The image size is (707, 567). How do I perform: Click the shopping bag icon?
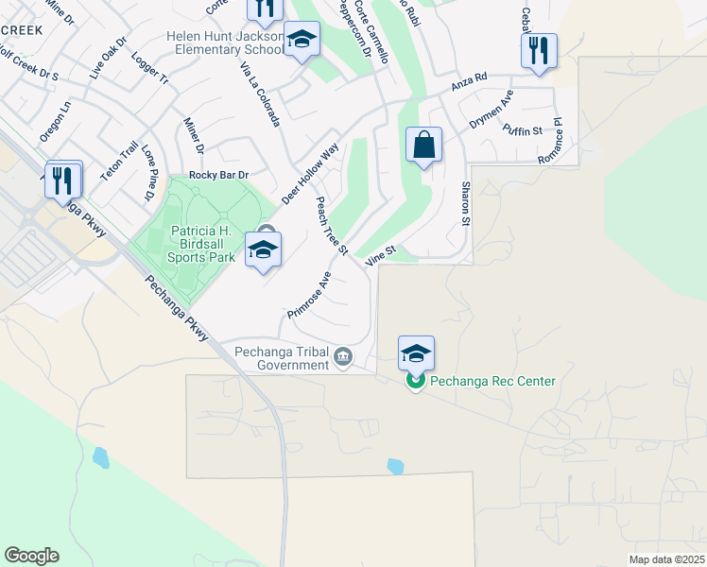[x=424, y=146]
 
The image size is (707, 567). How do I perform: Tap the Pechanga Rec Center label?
[x=492, y=381]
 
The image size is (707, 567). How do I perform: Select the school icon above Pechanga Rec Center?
[x=416, y=353]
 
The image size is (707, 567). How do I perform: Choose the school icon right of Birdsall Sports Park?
[x=264, y=249]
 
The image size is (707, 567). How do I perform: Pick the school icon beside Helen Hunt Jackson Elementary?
[x=302, y=40]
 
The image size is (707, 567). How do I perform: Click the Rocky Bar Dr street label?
[x=218, y=175]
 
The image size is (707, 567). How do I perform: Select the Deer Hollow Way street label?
[x=310, y=174]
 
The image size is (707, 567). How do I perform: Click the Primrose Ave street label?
[x=310, y=295]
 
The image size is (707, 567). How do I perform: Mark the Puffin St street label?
[x=522, y=130]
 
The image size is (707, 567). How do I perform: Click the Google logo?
[x=31, y=556]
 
